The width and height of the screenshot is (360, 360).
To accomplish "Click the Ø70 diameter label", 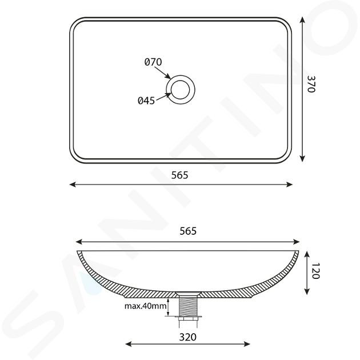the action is coord(153,62).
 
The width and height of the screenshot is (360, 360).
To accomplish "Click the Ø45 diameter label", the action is coord(146,101).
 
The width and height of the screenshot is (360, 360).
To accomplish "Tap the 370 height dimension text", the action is coord(311,84).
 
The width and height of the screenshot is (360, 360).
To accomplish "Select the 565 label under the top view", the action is coord(180,175).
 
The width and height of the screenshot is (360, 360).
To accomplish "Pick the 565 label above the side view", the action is coord(188,231).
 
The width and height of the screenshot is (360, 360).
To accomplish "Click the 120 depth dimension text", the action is coord(316,271).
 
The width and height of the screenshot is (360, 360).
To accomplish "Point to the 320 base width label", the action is coord(188,337).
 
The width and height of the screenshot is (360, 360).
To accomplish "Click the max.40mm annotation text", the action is coord(145,306).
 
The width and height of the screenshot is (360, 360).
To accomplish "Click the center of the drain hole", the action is coord(181,90).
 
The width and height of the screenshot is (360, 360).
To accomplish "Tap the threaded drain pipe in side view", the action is coord(188,305).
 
